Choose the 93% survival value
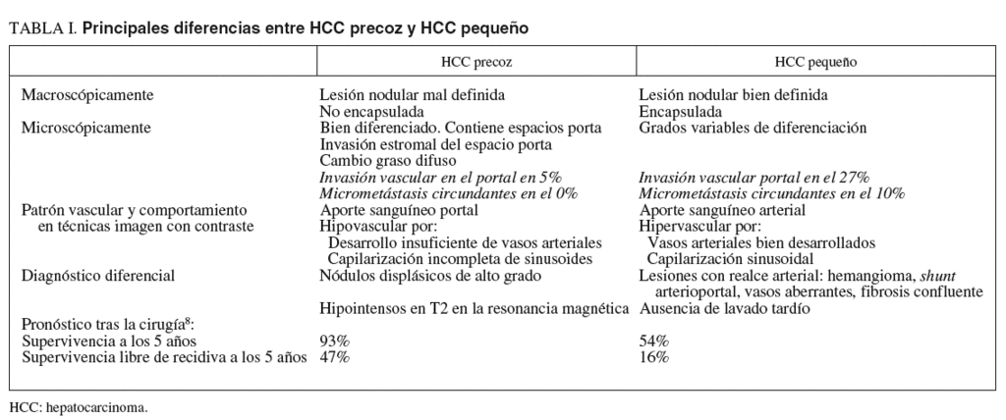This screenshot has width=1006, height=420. [334, 341]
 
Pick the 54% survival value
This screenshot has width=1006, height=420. [653, 341]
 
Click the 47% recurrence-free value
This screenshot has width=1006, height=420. [334, 356]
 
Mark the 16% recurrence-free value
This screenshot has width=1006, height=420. [653, 356]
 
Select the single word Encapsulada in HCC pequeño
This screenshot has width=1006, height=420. [680, 112]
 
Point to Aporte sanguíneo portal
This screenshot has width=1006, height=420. [399, 210]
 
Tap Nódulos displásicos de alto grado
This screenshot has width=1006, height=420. [429, 276]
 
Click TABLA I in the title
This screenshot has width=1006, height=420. [42, 29]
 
